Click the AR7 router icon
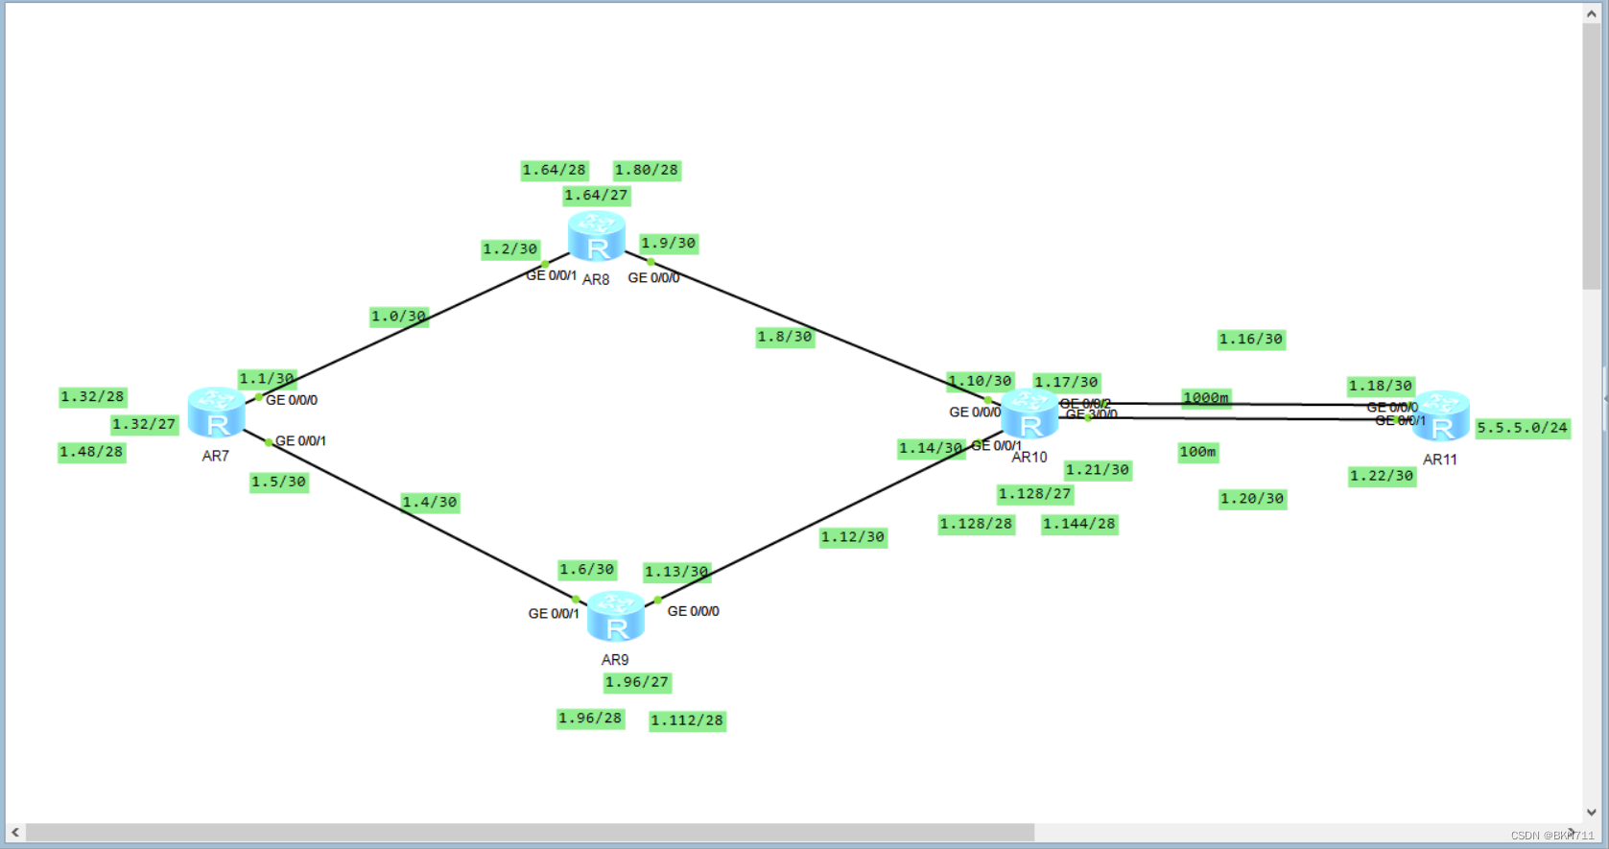(x=216, y=413)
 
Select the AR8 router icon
(x=596, y=237)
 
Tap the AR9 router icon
(x=615, y=616)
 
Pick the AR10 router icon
(x=1029, y=414)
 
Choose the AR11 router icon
(x=1440, y=416)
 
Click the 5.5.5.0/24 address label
(x=1522, y=428)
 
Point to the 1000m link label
(x=1205, y=398)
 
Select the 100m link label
(x=1197, y=452)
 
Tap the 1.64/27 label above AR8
(x=596, y=196)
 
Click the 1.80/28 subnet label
(x=646, y=171)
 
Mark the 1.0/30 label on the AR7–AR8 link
(x=398, y=317)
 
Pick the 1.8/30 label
(x=784, y=337)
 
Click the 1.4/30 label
(x=429, y=503)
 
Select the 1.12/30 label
(x=852, y=537)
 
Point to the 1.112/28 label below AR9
(x=687, y=720)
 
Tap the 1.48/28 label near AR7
(x=91, y=452)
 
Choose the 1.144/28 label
(x=1078, y=524)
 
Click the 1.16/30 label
(x=1250, y=340)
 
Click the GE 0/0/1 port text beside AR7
(x=300, y=441)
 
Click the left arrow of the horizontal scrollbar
(x=15, y=833)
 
